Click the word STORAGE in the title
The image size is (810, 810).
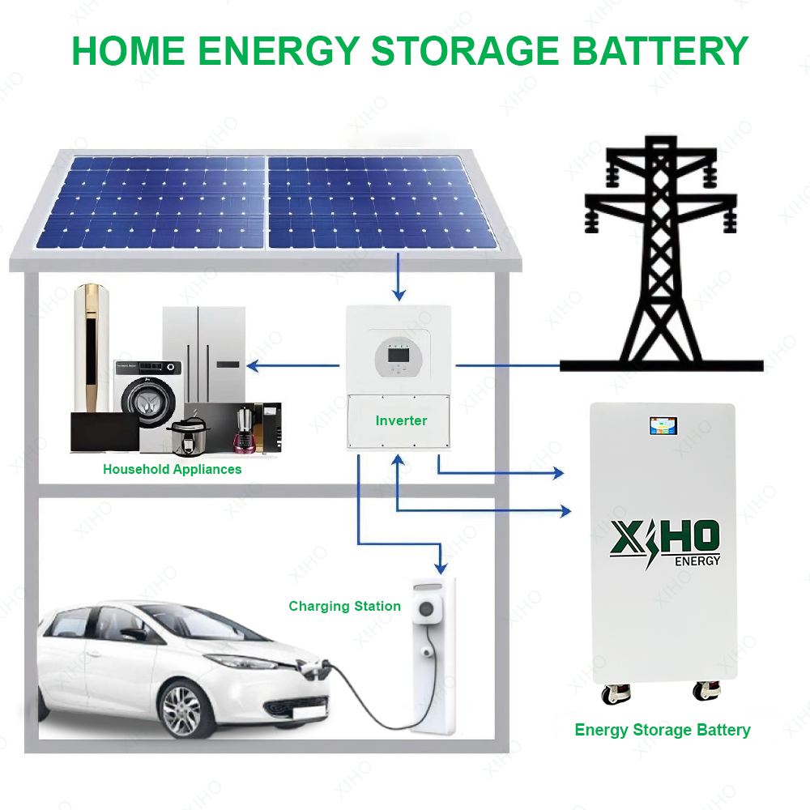pos(464,50)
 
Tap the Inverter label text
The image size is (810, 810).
pos(401,420)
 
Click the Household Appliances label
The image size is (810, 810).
pos(172,469)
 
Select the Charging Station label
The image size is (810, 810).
pos(344,606)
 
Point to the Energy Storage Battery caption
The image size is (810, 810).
pos(663,730)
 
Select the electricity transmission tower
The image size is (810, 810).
pos(661,259)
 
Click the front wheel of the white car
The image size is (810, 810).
pos(181,710)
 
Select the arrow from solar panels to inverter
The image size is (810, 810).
pos(397,276)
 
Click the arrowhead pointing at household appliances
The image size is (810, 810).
pos(252,366)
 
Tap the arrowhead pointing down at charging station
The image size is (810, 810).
pos(440,566)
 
